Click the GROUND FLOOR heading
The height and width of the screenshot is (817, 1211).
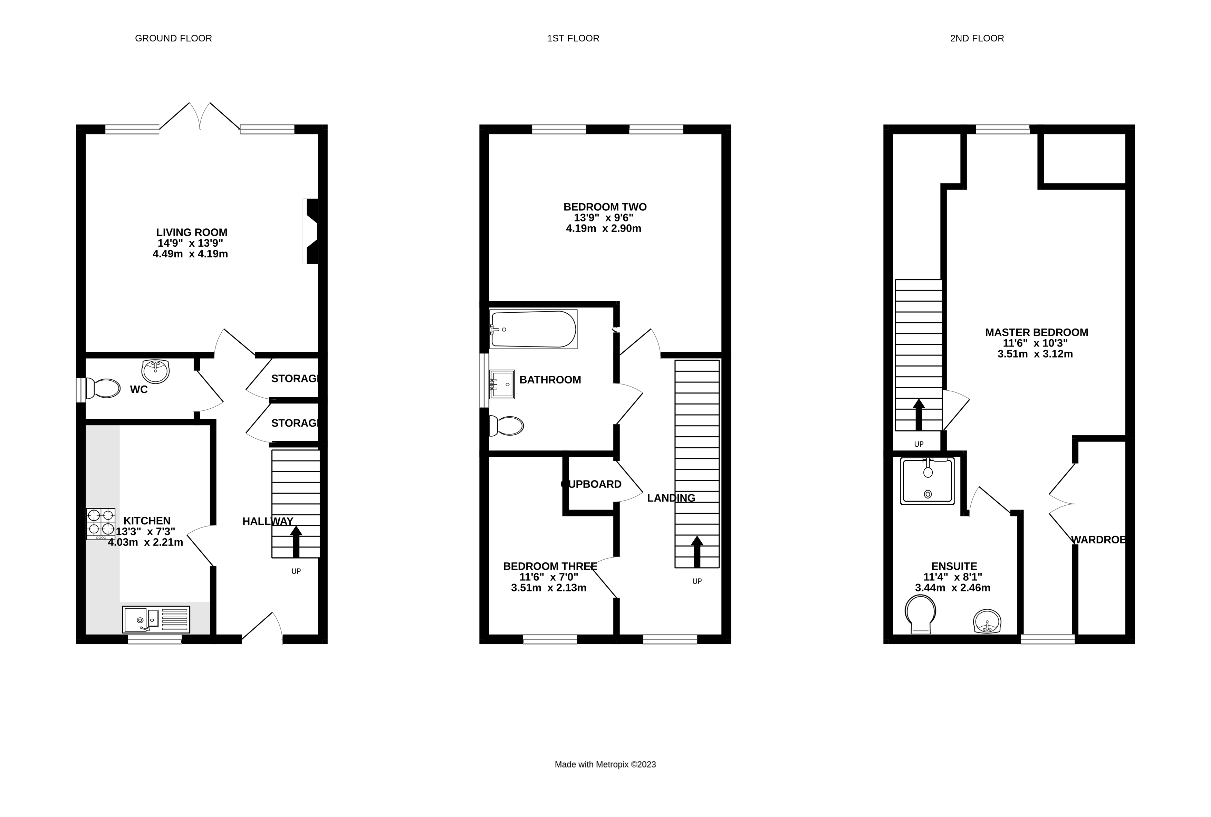pos(173,38)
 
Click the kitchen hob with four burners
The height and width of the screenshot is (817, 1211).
pos(100,523)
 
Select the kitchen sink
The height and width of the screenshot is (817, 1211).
pos(156,619)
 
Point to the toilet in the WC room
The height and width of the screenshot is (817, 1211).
pos(103,388)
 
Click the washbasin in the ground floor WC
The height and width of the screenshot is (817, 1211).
pos(155,371)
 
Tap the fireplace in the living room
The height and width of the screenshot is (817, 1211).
pos(311,231)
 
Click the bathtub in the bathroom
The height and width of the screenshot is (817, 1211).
pos(533,329)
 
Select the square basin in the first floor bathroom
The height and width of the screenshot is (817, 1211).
pos(502,384)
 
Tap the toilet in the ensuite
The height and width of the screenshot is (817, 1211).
pos(920,614)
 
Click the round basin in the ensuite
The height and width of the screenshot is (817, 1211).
pos(987,621)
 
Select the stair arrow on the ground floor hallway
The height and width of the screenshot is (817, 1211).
pos(296,542)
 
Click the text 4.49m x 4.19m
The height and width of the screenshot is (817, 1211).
pos(190,254)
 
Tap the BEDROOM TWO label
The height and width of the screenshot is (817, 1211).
pos(605,207)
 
